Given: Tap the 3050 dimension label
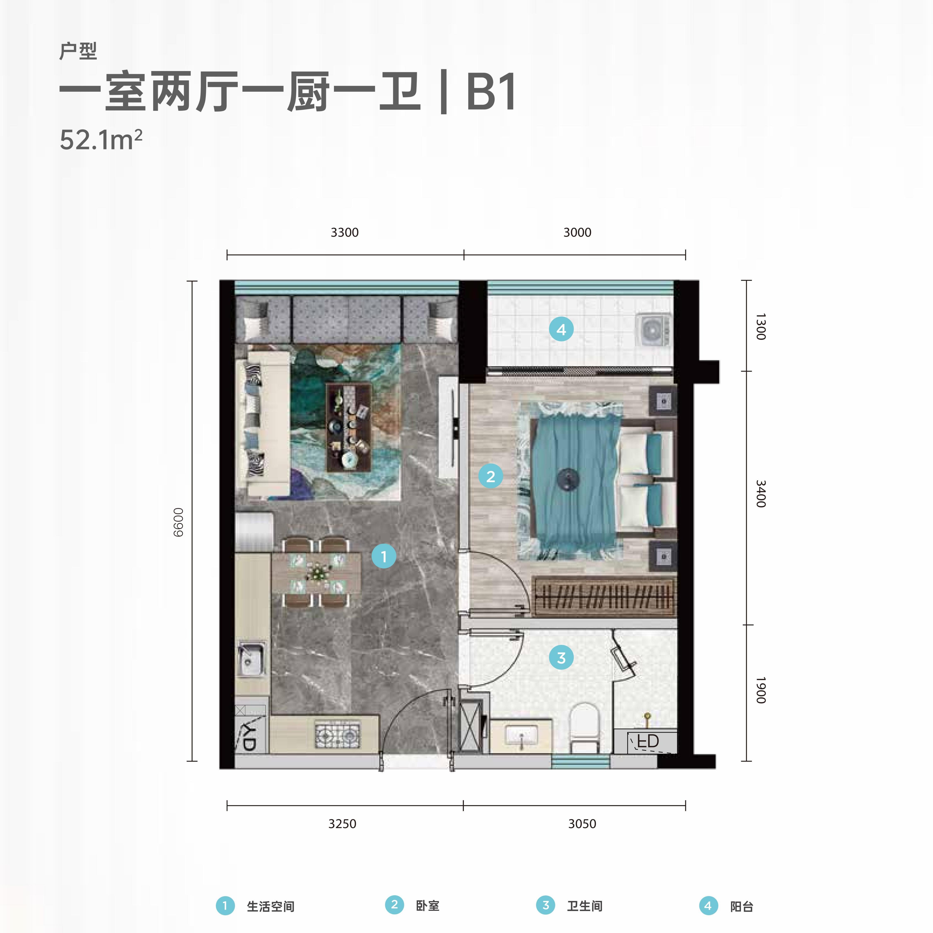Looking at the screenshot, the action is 582,824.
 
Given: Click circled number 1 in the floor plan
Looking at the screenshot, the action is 384,556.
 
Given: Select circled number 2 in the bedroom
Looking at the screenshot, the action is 491,476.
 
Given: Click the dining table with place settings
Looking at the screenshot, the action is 316,573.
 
